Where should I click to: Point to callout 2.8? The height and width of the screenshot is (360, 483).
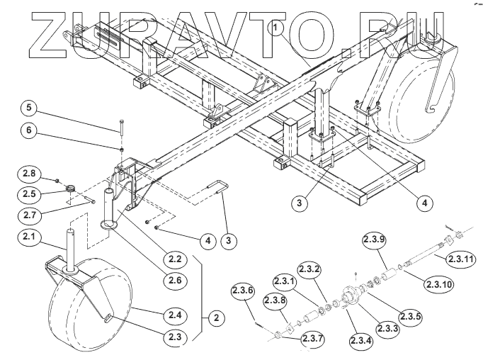click(31, 172)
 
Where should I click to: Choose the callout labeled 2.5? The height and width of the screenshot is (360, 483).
click(31, 192)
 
